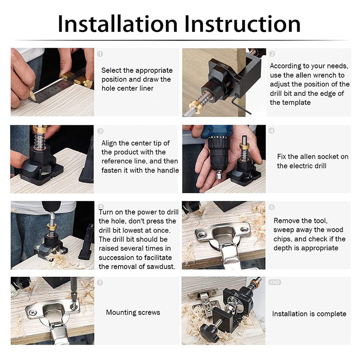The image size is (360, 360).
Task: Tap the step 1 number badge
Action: (x=100, y=54)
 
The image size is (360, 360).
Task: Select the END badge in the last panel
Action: (x=274, y=282)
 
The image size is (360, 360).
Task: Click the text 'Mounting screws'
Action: (x=133, y=312)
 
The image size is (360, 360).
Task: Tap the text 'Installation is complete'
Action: (x=309, y=314)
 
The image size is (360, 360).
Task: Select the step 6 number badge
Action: (x=271, y=207)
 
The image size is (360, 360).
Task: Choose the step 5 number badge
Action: (x=100, y=207)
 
